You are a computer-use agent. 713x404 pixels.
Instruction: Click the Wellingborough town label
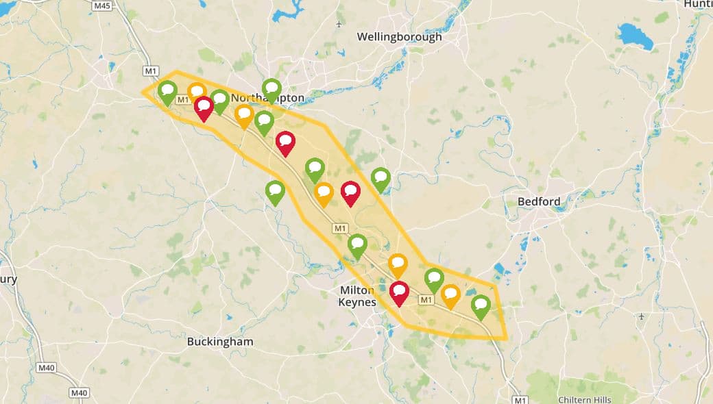click(x=399, y=37)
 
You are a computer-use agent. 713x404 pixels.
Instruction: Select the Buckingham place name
click(x=220, y=341)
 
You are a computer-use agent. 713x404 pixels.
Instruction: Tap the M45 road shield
click(x=102, y=6)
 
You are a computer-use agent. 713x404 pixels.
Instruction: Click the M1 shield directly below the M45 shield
click(x=150, y=71)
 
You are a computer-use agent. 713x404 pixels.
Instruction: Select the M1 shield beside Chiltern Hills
click(x=520, y=399)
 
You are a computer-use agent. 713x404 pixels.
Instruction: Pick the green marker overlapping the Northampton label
click(x=271, y=89)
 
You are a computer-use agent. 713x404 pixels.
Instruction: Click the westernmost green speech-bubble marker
click(x=167, y=91)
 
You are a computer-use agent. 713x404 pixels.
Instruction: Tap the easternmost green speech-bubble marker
click(x=481, y=305)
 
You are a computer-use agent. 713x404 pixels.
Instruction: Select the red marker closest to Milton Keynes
click(x=399, y=292)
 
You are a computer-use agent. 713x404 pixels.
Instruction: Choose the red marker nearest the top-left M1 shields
click(x=204, y=107)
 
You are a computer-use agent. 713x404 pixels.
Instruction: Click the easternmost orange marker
click(x=450, y=295)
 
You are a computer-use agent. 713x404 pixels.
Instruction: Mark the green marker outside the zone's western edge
click(x=275, y=191)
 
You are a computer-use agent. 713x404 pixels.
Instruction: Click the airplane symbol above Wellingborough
click(x=339, y=25)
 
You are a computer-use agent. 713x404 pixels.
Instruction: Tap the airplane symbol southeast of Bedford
click(x=640, y=316)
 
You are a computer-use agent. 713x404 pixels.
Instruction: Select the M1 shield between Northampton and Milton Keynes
click(x=339, y=228)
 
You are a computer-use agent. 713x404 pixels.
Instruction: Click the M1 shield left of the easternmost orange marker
click(x=426, y=300)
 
